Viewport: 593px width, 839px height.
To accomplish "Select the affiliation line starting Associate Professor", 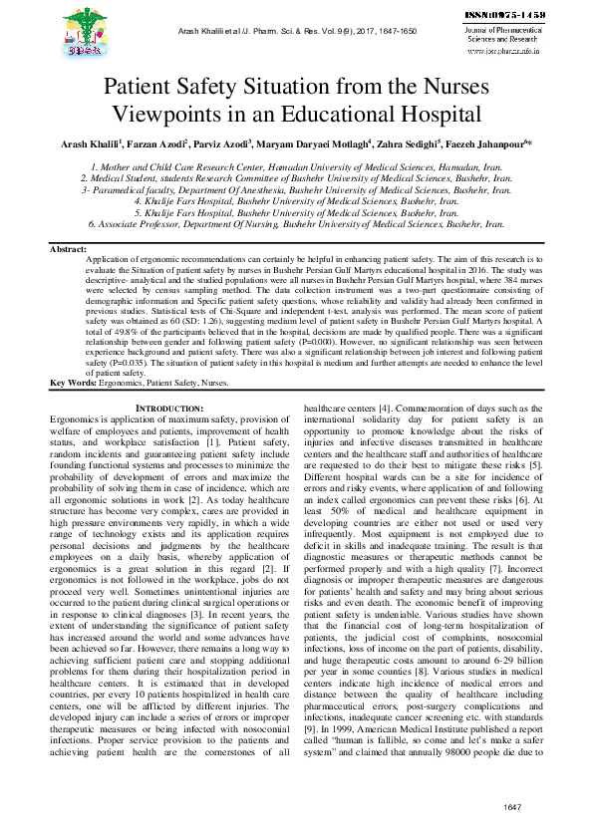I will coord(295,226).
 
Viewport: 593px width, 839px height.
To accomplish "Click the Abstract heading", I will coord(68,248).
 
